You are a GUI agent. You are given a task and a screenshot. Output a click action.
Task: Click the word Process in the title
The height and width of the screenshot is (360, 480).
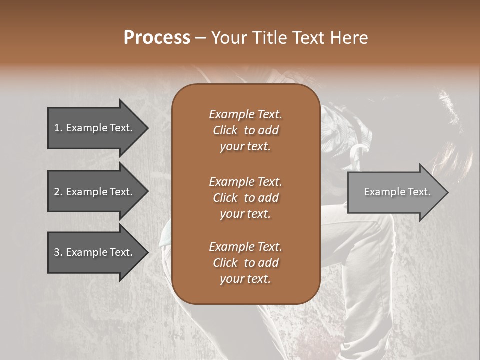click(x=157, y=38)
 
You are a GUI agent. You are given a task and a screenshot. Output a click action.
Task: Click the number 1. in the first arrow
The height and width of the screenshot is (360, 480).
click(x=58, y=128)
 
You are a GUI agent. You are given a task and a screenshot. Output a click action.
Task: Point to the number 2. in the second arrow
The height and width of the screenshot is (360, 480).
click(x=58, y=192)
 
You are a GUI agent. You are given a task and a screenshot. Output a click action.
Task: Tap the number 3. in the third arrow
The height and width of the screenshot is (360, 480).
click(x=58, y=252)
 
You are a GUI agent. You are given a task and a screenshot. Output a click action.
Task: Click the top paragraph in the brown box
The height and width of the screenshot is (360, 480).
click(x=245, y=130)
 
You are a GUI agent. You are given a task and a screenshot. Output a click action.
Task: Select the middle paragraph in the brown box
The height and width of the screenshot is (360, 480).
click(x=245, y=197)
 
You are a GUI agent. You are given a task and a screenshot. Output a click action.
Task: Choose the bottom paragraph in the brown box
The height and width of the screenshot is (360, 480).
click(x=245, y=262)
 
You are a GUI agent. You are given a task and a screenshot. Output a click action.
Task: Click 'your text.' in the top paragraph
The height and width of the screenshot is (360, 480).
click(x=245, y=147)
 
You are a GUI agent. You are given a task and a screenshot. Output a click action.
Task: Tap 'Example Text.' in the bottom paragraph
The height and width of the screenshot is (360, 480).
click(x=245, y=246)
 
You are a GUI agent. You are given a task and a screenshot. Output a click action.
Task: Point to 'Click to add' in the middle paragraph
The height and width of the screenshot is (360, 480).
click(x=245, y=198)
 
